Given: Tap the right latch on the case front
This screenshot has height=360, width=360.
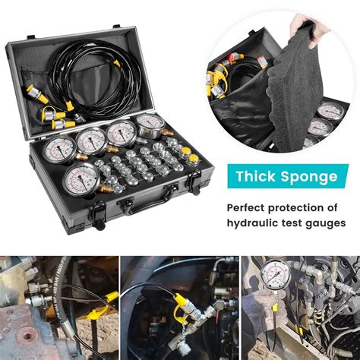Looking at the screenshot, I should coord(194,180).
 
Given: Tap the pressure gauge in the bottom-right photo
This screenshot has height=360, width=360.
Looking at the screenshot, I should coord(273,275).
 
